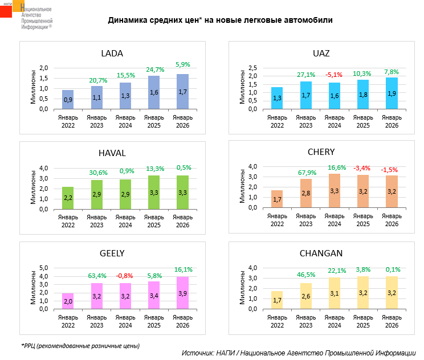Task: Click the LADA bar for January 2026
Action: [182, 92]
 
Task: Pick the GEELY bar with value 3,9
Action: [182, 293]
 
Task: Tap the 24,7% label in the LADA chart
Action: [154, 69]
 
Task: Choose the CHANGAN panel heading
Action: [320, 252]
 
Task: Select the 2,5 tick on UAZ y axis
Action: [252, 68]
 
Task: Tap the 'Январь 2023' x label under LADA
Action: [96, 121]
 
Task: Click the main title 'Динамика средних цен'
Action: [221, 20]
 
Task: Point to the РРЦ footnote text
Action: [80, 345]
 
